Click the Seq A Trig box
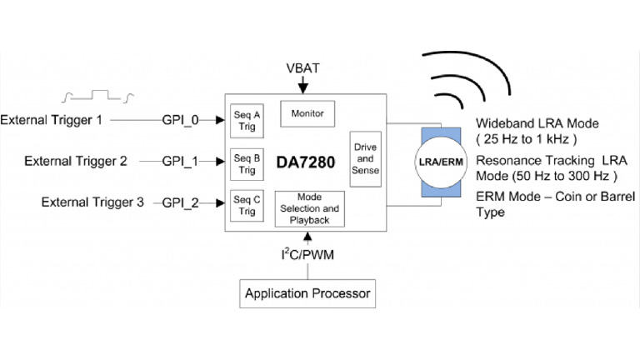[x=247, y=122]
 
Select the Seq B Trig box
[x=247, y=163]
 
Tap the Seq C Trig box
[x=247, y=204]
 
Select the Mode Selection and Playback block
[x=309, y=208]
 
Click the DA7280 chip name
[x=307, y=163]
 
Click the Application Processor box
[x=307, y=293]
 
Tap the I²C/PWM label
[x=307, y=252]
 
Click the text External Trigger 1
[x=52, y=121]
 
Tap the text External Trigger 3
[x=92, y=202]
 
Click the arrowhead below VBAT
[x=307, y=87]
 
